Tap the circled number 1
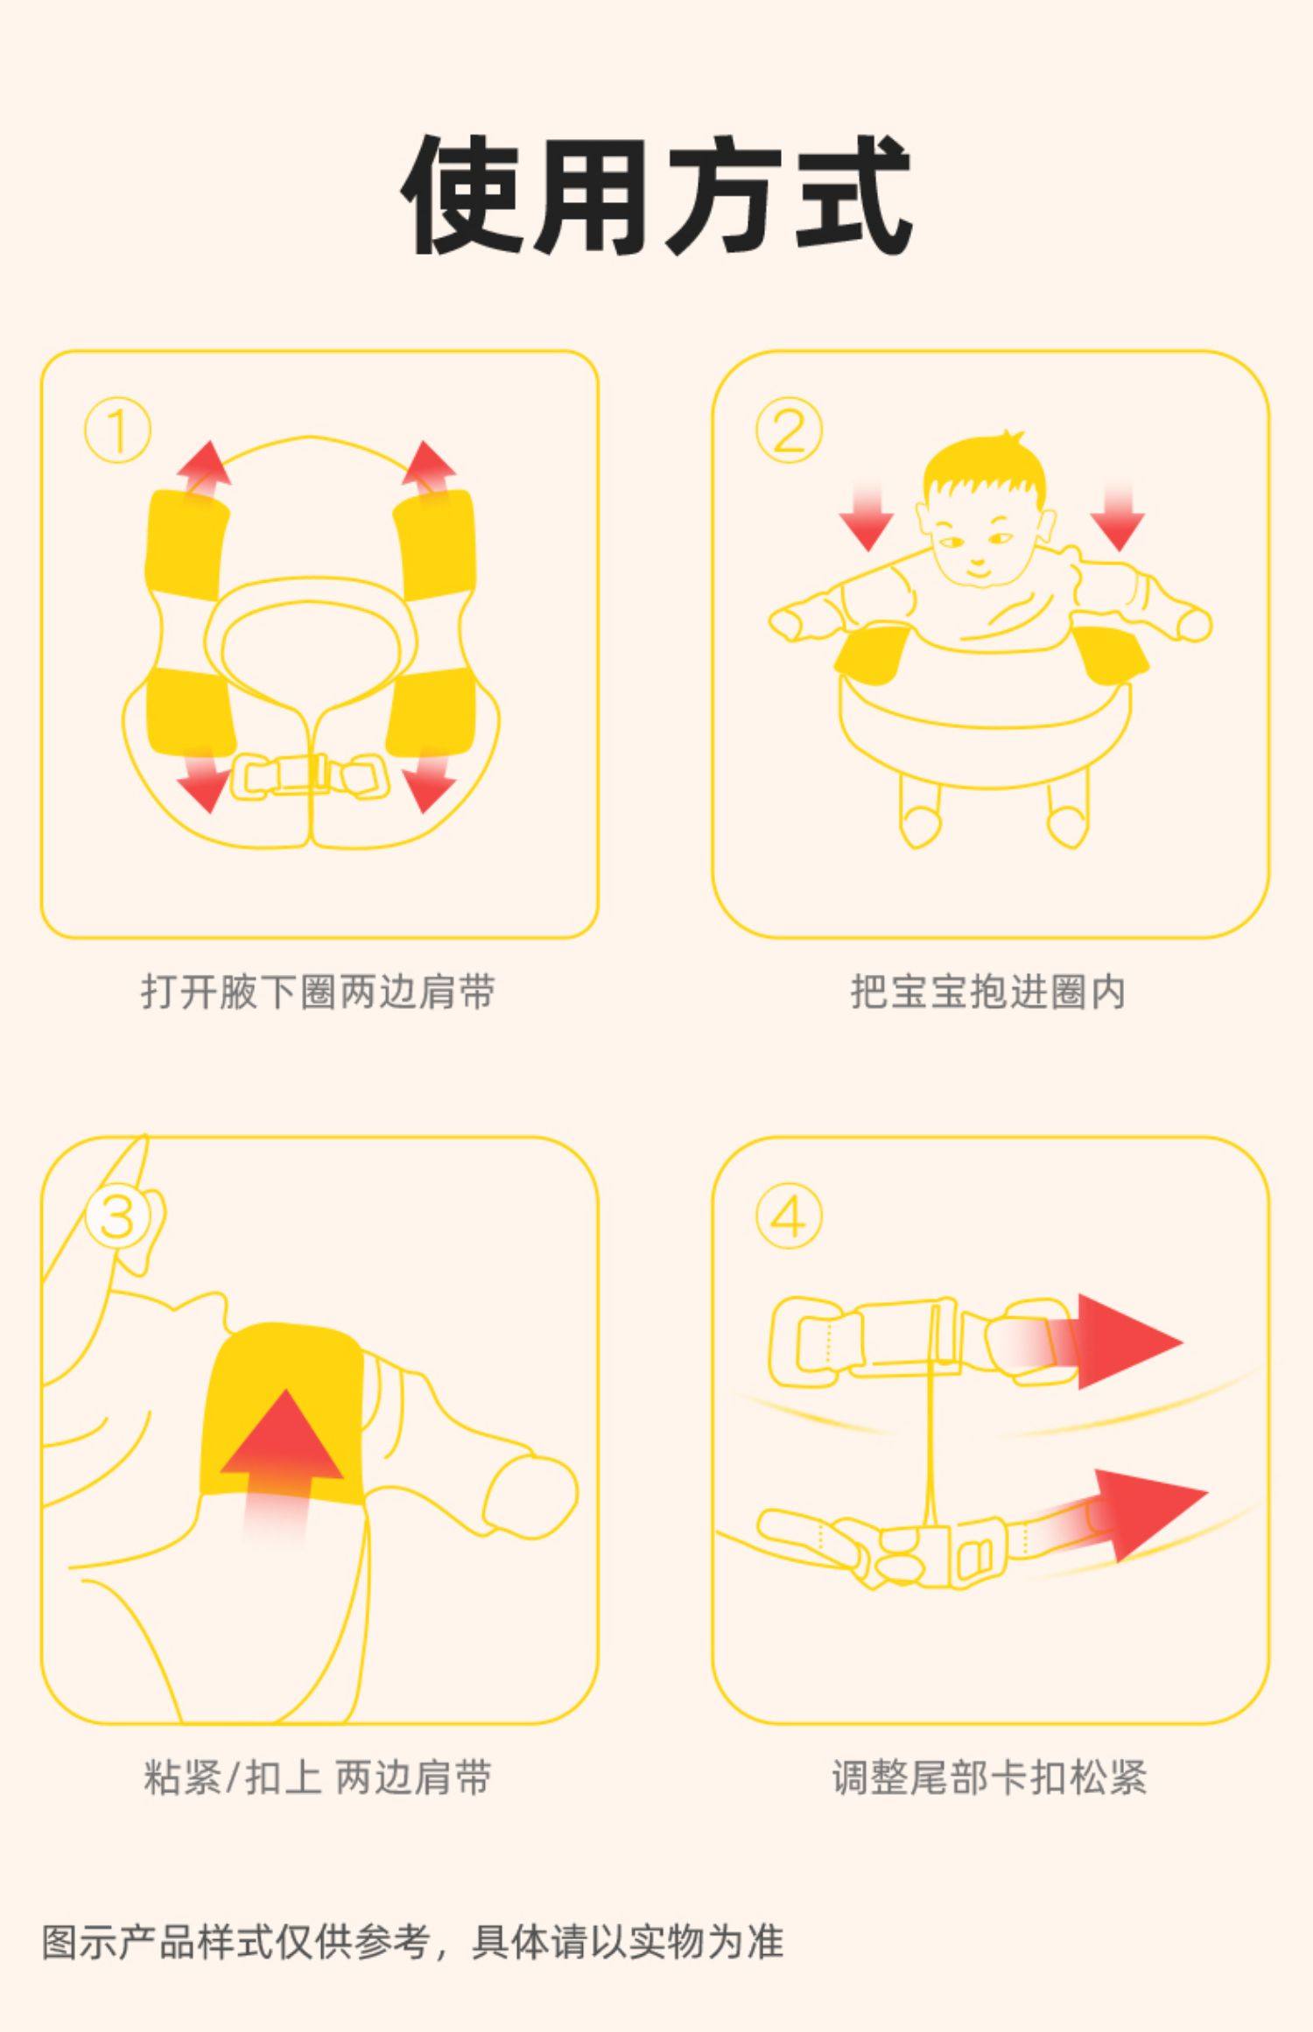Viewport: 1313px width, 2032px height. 118,431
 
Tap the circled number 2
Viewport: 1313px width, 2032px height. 790,431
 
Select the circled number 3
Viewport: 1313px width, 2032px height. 118,1216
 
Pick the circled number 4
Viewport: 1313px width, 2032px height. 790,1216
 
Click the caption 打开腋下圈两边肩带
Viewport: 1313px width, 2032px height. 319,991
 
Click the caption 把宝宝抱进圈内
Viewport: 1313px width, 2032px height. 988,991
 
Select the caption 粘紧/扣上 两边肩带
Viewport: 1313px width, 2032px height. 318,1777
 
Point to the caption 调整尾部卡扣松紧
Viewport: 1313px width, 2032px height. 989,1777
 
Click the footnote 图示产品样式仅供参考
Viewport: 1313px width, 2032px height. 235,1941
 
